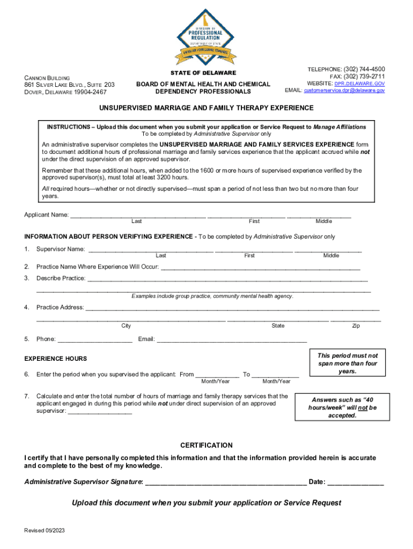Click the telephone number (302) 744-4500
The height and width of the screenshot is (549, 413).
click(364, 70)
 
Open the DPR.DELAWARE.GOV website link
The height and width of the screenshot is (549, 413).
click(359, 84)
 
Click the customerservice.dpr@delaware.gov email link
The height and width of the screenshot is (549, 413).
click(344, 91)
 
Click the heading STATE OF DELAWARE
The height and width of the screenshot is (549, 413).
click(203, 73)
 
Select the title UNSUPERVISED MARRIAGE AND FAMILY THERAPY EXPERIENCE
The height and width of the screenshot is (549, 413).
click(206, 108)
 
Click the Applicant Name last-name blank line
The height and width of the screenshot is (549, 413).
click(138, 216)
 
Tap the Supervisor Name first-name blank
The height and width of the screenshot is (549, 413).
click(254, 250)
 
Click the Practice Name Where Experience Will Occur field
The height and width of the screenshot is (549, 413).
click(260, 268)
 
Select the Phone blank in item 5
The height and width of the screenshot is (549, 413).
click(94, 340)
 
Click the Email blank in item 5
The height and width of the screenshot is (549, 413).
click(231, 340)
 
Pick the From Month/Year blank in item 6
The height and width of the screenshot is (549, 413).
click(217, 375)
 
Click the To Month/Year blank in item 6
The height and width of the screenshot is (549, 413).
click(275, 375)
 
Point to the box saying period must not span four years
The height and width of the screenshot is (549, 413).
click(347, 363)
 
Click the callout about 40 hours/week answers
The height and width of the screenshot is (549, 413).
click(343, 407)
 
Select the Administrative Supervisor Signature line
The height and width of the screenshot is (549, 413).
click(226, 483)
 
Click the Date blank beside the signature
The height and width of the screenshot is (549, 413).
click(356, 483)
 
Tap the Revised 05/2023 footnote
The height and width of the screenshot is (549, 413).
click(45, 531)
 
